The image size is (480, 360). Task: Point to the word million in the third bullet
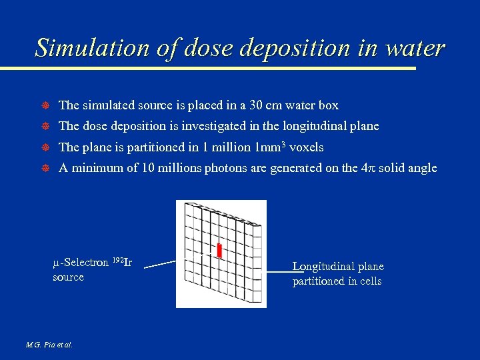230,147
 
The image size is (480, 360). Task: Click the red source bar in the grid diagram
219,251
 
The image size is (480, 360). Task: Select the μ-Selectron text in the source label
81,263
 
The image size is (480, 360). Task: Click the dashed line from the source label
160,264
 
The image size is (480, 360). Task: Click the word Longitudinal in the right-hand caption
321,267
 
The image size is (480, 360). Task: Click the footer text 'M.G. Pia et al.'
49,345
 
